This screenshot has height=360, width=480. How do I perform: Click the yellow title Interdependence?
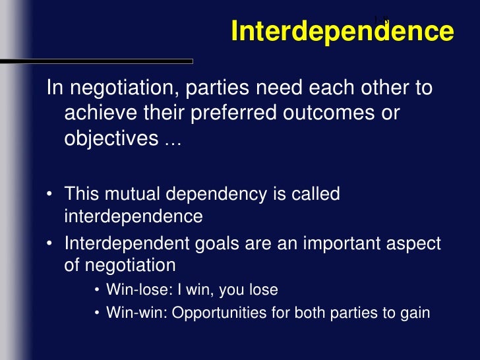point(342,32)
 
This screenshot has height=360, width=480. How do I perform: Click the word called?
point(316,195)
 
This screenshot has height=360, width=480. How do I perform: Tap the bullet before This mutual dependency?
point(50,196)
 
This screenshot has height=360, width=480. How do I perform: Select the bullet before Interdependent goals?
point(50,244)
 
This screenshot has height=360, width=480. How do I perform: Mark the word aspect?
point(413,244)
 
